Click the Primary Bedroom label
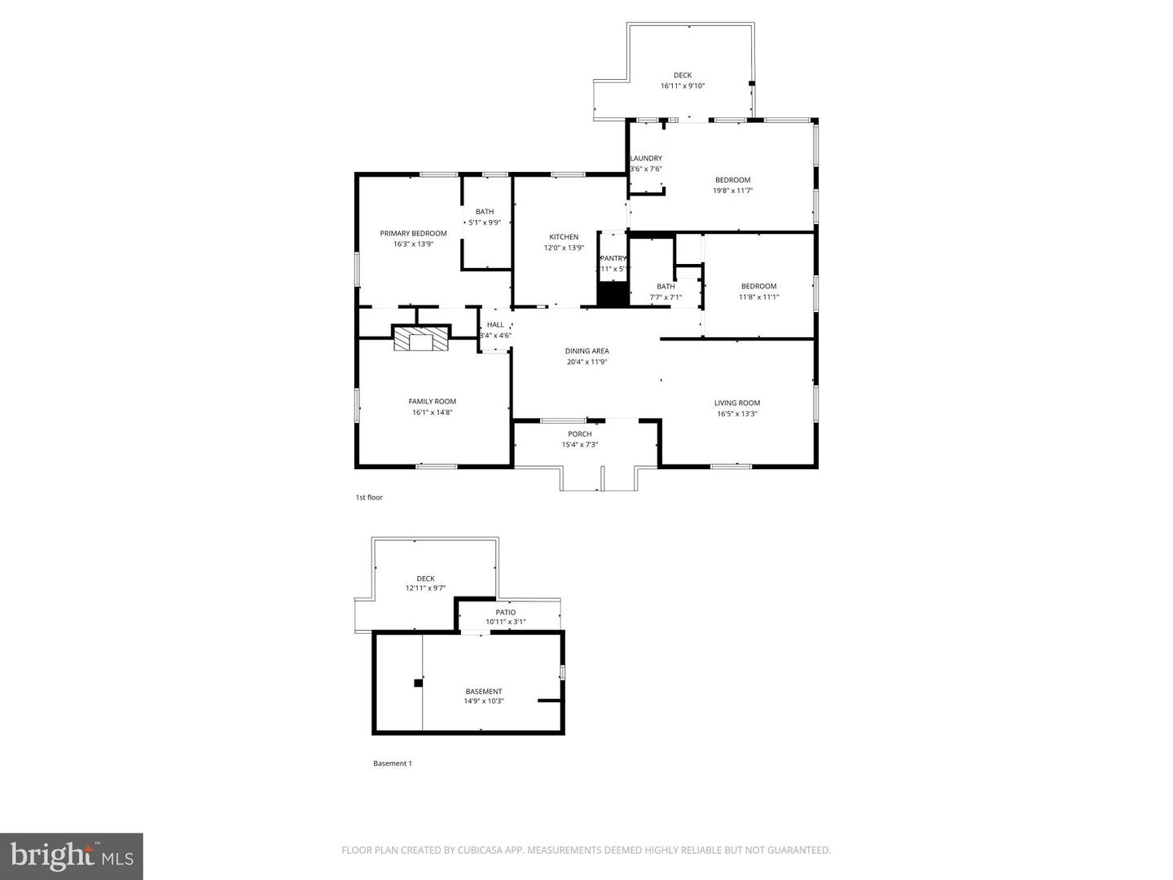[413, 233]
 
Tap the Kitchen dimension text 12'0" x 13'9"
[564, 248]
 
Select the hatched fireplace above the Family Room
[421, 338]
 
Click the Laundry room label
[646, 158]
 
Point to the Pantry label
[613, 258]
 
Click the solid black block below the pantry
[613, 294]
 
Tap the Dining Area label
[586, 351]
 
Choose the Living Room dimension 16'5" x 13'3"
[737, 413]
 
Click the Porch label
[580, 434]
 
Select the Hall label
[495, 324]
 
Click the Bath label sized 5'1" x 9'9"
[485, 212]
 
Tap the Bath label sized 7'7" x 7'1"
[666, 286]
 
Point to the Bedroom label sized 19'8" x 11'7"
[732, 180]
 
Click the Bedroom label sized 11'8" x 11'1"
[758, 286]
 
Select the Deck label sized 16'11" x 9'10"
[682, 75]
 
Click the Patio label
[505, 612]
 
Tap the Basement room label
[484, 691]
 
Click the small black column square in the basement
[419, 683]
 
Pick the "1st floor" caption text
[368, 497]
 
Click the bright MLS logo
[72, 856]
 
